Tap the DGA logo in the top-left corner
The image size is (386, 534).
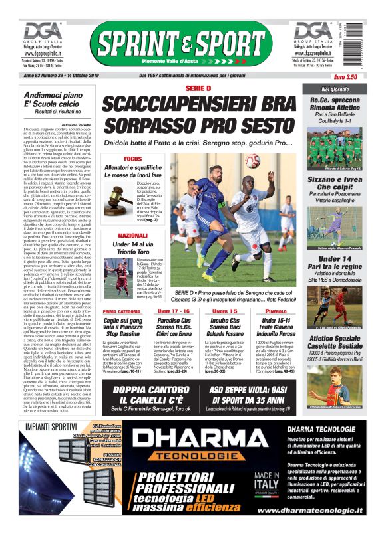(41, 32)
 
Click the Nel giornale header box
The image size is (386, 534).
(335, 89)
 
